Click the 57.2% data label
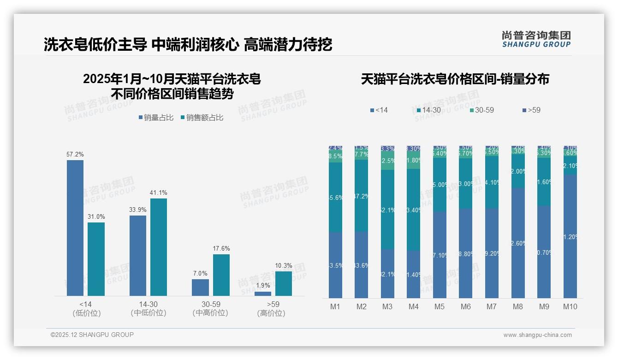pyautogui.click(x=75, y=154)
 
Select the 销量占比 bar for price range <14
pyautogui.click(x=75, y=228)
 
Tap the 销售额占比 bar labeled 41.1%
pyautogui.click(x=159, y=247)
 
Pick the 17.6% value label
pyautogui.click(x=221, y=248)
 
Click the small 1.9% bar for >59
pyautogui.click(x=263, y=294)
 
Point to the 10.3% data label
pyautogui.click(x=284, y=265)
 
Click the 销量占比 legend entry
pyautogui.click(x=156, y=118)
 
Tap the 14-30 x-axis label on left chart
pyautogui.click(x=148, y=304)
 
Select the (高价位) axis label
pyautogui.click(x=271, y=313)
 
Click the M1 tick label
pyautogui.click(x=335, y=306)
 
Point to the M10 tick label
pyautogui.click(x=570, y=306)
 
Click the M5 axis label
pyautogui.click(x=440, y=306)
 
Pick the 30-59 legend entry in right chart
pyautogui.click(x=481, y=110)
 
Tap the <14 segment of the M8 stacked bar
pyautogui.click(x=518, y=243)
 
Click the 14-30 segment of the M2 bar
pyautogui.click(x=362, y=196)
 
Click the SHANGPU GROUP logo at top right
pyautogui.click(x=536, y=39)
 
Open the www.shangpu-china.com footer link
pyautogui.click(x=537, y=335)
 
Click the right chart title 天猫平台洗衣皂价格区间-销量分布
pyautogui.click(x=455, y=79)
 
